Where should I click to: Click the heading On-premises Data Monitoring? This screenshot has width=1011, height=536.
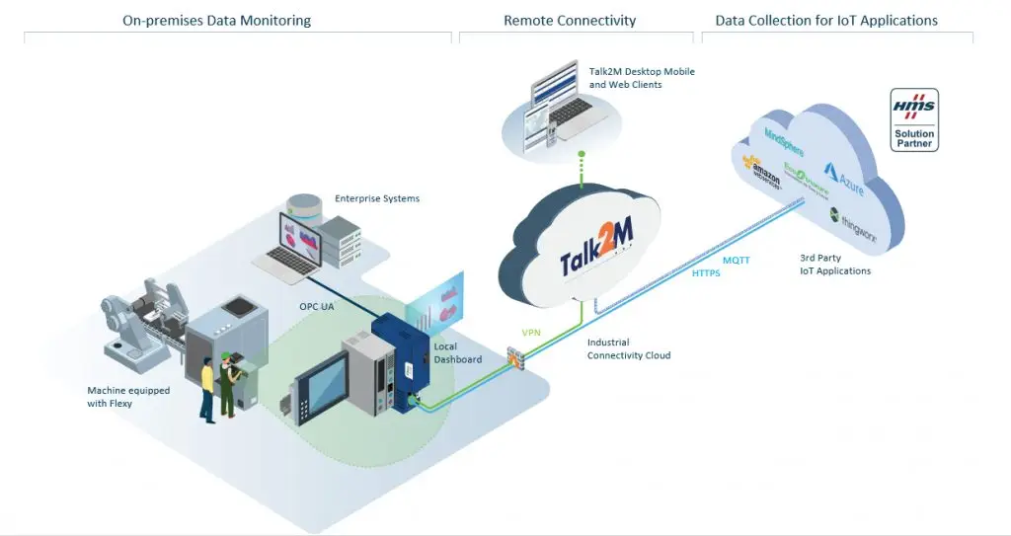[216, 20]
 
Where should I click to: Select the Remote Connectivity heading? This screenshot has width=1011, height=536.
[570, 20]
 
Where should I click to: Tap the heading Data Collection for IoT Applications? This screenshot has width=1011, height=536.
[826, 20]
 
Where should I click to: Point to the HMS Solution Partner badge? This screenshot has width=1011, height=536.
[913, 119]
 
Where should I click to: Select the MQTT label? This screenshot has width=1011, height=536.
[737, 260]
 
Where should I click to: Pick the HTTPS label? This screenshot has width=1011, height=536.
[706, 273]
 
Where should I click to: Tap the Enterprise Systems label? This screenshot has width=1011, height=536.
[377, 198]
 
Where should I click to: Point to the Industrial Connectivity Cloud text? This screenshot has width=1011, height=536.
[629, 348]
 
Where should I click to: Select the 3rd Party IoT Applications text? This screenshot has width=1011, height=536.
[835, 265]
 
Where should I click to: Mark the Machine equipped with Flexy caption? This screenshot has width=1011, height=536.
[128, 396]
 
